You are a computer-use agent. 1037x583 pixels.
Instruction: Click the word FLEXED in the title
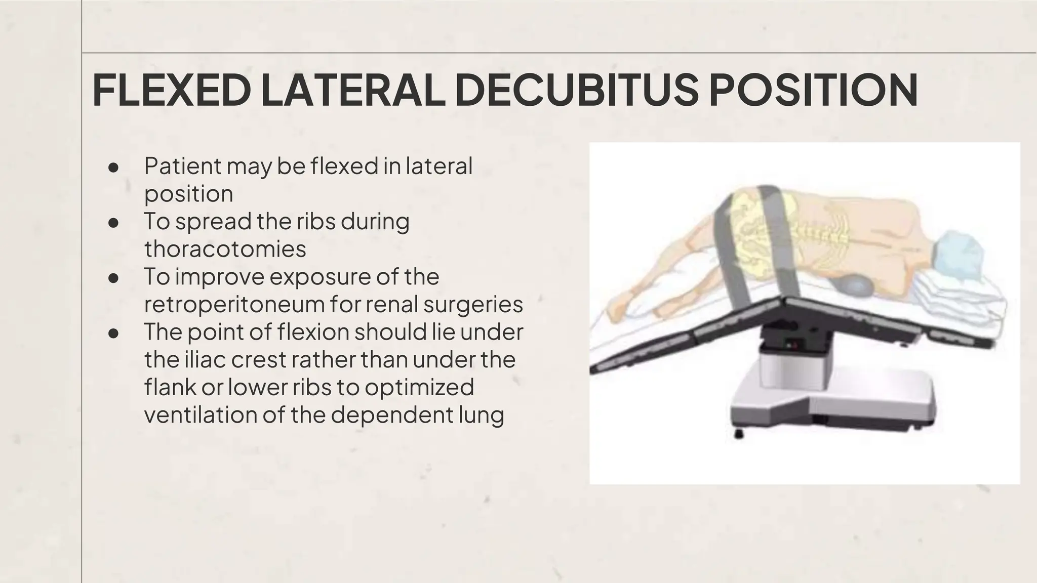172,91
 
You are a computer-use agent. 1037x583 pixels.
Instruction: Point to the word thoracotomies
225,249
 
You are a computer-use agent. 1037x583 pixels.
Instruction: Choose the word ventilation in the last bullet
200,414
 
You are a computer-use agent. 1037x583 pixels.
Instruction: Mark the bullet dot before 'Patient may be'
113,167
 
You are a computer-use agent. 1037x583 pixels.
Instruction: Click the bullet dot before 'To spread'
113,223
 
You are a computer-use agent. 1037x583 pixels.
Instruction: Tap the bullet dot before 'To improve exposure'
113,278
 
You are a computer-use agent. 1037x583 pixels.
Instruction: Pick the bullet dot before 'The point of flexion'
113,333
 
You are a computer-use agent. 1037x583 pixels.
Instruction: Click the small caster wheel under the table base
739,433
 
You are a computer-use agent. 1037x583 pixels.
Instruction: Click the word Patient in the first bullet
183,166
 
